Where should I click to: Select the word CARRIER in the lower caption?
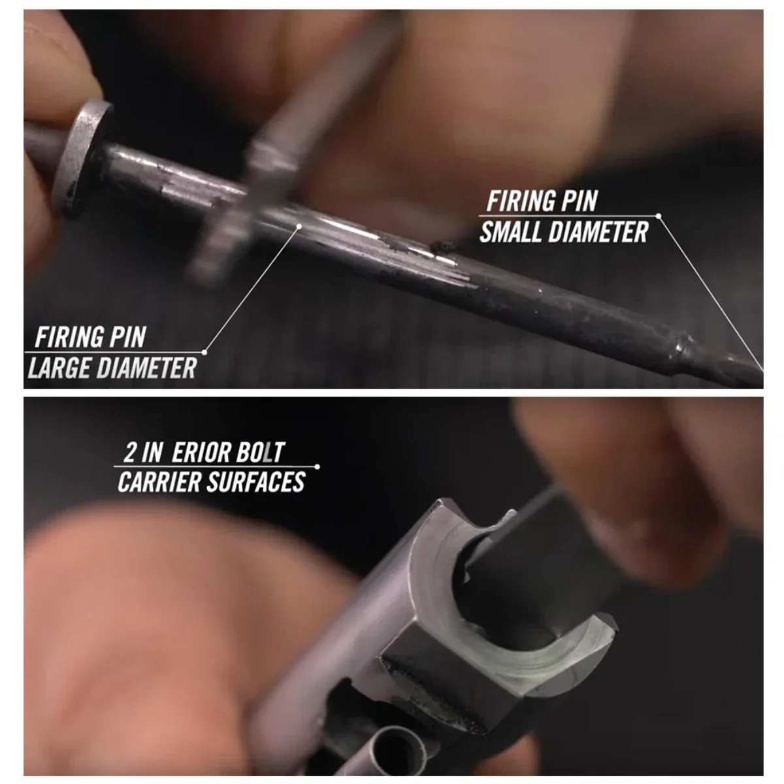159,482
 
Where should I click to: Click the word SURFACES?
256,482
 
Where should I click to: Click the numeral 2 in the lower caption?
129,452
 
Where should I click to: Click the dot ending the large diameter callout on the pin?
299,226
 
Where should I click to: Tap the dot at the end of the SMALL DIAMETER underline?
659,216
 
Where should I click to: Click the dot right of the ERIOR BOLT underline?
318,466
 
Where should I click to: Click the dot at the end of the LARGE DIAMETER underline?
204,352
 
